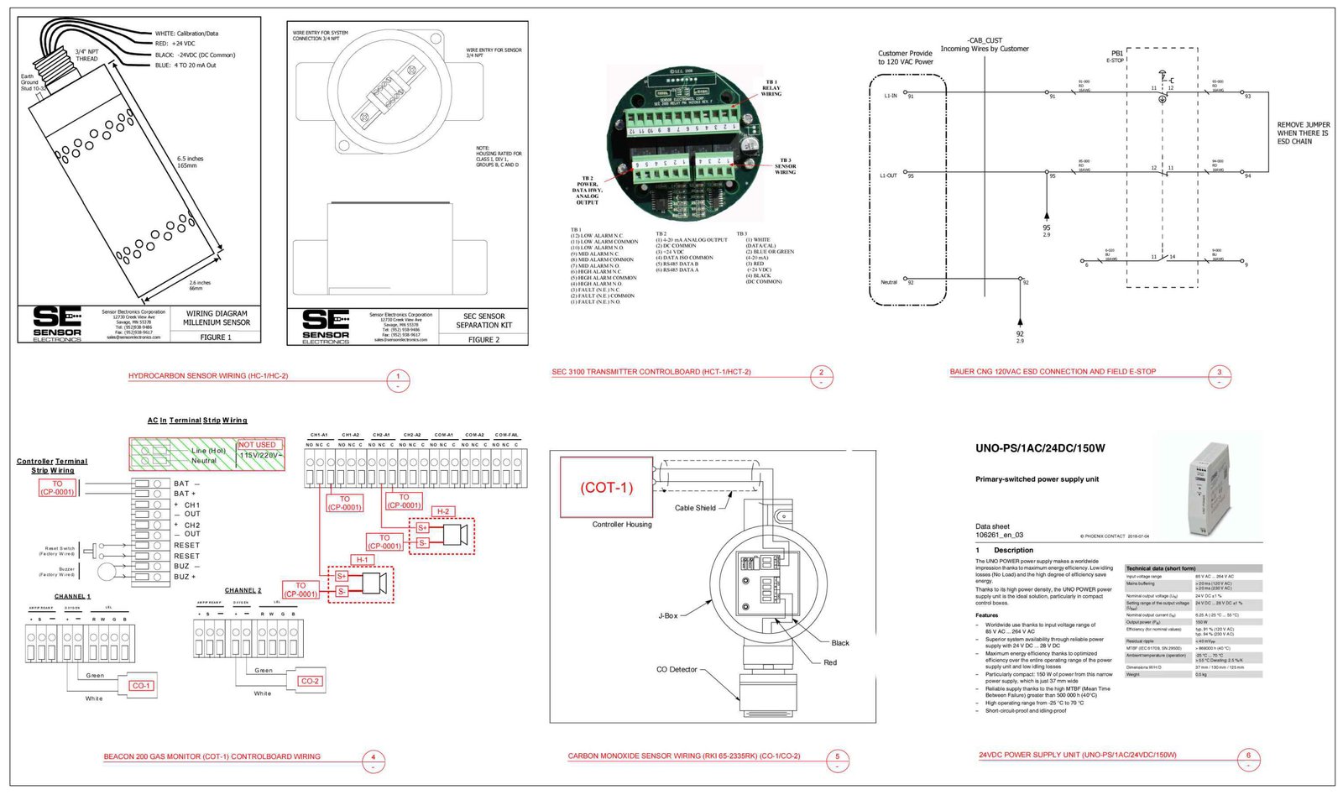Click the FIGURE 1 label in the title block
216,337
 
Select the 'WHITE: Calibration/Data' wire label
186,34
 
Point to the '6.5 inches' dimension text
190,159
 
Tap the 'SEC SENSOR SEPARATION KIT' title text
484,321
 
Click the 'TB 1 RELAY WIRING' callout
771,88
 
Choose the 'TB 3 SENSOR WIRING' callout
785,166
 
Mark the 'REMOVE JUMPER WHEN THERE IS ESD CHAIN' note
1303,133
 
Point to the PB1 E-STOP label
1116,55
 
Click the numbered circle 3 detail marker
1220,373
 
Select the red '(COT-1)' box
607,487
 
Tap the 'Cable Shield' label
695,508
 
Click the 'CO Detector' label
677,670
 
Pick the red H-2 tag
442,511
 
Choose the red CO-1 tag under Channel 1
141,686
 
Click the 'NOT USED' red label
257,445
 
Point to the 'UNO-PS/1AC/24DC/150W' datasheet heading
1040,448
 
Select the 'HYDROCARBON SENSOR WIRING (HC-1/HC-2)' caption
208,376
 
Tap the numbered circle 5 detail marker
837,756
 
